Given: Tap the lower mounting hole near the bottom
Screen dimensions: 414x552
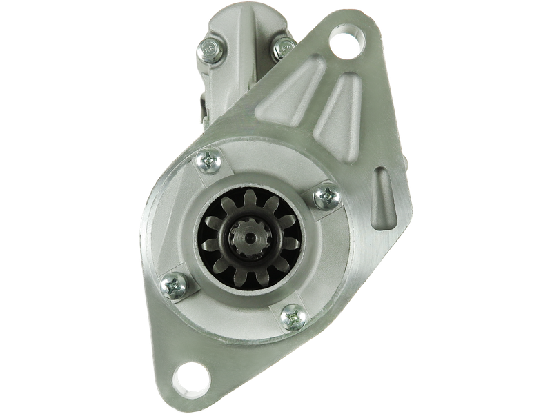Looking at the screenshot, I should coord(191,377).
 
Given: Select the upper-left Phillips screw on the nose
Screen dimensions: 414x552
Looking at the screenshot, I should coord(208,162).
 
